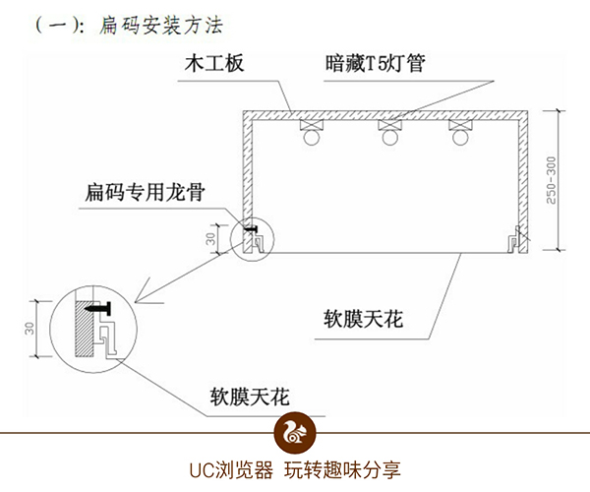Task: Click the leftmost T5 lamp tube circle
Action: click(313, 139)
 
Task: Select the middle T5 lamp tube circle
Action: click(386, 139)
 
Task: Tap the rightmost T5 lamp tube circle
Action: click(459, 139)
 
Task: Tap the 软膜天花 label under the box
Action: click(366, 320)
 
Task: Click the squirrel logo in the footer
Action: click(294, 431)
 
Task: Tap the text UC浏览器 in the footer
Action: click(233, 469)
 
